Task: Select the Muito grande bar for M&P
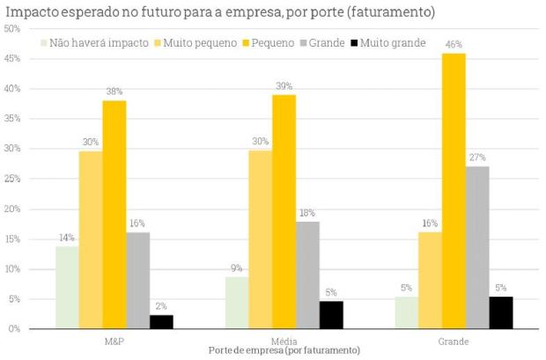(161, 321)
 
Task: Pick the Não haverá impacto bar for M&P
(67, 287)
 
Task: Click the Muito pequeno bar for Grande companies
(430, 280)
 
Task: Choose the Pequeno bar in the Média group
(284, 211)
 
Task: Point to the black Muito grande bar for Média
(331, 314)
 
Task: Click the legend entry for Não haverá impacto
(95, 42)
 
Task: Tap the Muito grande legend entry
(387, 42)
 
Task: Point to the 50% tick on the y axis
(13, 29)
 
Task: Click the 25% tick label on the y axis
(13, 179)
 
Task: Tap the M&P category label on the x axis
(114, 340)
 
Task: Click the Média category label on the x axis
(284, 340)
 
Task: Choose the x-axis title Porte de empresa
(284, 350)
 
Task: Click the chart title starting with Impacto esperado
(220, 12)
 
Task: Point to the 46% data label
(454, 44)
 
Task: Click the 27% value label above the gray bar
(478, 158)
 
